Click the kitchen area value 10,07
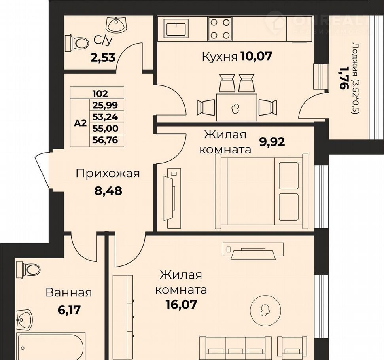[256, 56]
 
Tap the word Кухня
[220, 57]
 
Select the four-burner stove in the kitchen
[220, 28]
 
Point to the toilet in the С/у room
[77, 44]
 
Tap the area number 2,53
[103, 58]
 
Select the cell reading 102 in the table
[100, 93]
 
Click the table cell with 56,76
[105, 140]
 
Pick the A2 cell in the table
[80, 123]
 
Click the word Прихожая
[108, 174]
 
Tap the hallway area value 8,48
[108, 191]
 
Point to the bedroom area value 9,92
[272, 142]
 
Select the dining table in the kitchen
[236, 107]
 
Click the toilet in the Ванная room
[28, 269]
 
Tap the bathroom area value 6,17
[69, 310]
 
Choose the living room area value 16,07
[181, 305]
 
